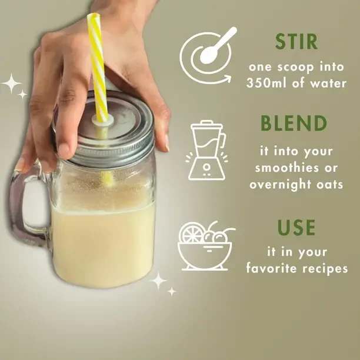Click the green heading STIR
[296, 42]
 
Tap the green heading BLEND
[294, 123]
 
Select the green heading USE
[296, 227]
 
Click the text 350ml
[266, 83]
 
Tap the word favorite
[271, 268]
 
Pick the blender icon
[207, 150]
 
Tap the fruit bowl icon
[205, 246]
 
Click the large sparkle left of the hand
[12, 83]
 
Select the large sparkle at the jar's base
[158, 281]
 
